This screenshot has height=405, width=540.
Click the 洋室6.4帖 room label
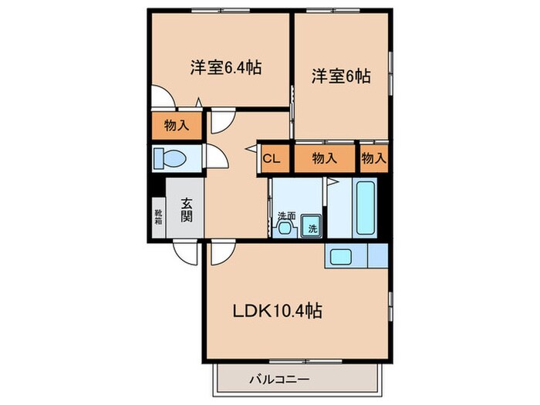pos(225,68)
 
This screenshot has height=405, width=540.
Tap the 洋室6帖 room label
pos(341,76)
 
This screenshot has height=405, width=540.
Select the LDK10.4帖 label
pos(278,312)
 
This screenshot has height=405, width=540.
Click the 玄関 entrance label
pos(187,209)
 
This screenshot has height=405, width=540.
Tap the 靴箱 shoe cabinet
pos(157,217)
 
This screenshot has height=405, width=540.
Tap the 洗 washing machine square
pos(312,226)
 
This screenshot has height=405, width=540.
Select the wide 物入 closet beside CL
pos(324,159)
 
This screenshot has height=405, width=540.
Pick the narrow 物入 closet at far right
pos(373,159)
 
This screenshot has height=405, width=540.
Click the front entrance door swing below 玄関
pos(185,250)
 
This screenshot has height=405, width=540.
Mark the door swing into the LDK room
pos(219,250)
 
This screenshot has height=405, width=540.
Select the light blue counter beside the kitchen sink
pos(378,255)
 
